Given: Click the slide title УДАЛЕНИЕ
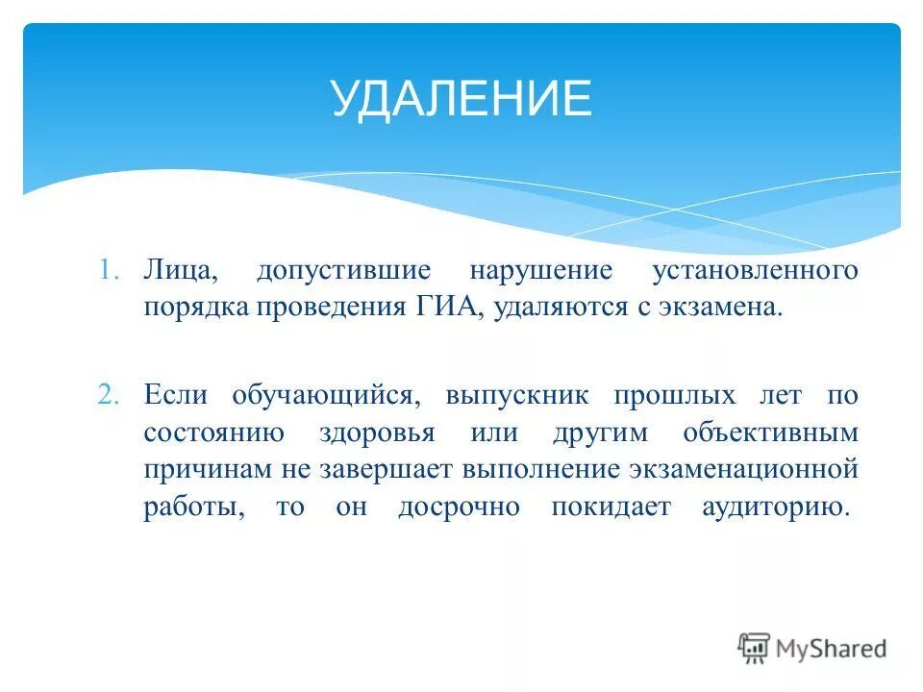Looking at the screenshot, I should coord(461,99).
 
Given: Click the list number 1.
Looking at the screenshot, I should coord(107,271).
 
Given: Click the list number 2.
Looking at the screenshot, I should coord(107,395).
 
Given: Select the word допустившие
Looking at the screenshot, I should coord(343,271).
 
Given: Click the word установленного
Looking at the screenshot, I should coord(755,271).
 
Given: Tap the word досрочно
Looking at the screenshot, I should coord(459,507).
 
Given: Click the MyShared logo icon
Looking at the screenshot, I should coord(755,648).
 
